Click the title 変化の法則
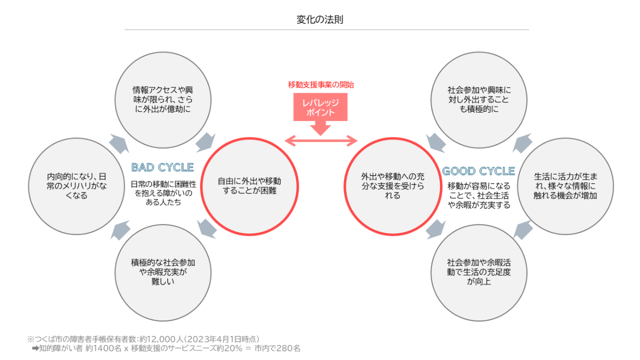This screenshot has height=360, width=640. tap(319, 20)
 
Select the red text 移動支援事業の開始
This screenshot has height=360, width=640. tap(321, 84)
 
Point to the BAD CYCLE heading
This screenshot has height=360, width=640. tap(162, 167)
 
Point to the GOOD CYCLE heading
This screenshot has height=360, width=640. tap(478, 171)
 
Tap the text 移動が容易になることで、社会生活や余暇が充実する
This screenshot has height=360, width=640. tap(478, 195)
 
